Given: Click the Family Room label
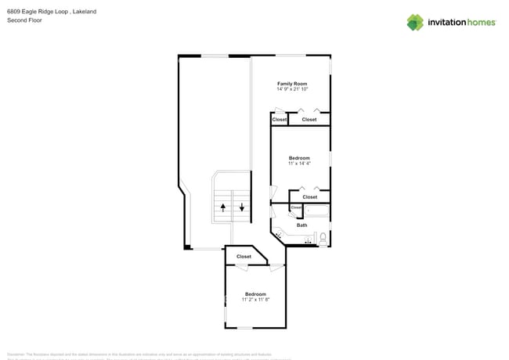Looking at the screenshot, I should [292, 83].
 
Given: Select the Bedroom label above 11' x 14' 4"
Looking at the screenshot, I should [299, 158].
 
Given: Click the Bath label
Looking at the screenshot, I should [301, 225].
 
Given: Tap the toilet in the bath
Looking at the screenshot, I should [323, 238].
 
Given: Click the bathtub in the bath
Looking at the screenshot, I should [317, 211].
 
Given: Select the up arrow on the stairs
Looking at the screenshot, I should [223, 207].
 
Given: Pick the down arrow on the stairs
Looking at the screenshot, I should [242, 207].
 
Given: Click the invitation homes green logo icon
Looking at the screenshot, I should [415, 23].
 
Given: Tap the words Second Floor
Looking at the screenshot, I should [24, 20].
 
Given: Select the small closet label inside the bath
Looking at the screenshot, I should [296, 207].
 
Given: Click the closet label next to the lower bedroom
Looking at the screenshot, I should [244, 257].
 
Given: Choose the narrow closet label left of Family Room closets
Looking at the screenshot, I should [280, 120].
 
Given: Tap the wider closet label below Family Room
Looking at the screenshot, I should [309, 120].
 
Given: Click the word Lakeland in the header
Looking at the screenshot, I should [84, 12].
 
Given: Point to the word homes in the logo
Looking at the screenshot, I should [481, 23].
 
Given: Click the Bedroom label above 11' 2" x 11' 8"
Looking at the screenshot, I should [255, 294].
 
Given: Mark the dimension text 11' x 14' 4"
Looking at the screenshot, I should [299, 164].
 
